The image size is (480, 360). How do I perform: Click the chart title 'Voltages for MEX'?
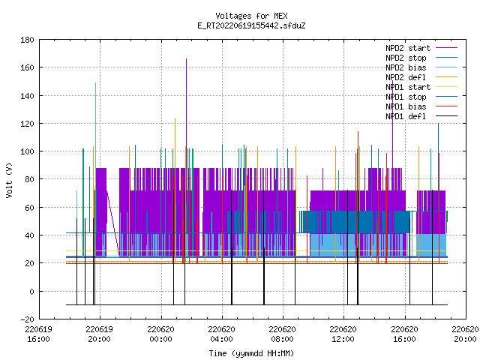(251, 16)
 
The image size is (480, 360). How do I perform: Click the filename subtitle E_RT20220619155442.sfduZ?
(251, 25)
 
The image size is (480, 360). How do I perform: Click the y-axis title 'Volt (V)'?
(9, 180)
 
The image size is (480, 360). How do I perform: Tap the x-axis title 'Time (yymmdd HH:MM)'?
(251, 353)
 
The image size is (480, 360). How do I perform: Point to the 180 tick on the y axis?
(27, 40)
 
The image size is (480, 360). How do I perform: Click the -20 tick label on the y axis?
(27, 319)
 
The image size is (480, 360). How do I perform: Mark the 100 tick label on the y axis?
(27, 151)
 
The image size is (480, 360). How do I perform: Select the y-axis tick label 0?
(31, 292)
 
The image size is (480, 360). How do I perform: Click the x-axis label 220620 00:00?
(160, 334)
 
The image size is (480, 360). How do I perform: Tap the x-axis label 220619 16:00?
(38, 334)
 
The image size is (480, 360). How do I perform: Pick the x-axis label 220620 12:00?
(343, 334)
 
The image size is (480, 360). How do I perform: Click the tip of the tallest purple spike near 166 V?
(186, 58)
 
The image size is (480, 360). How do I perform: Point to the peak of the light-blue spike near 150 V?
(95, 83)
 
